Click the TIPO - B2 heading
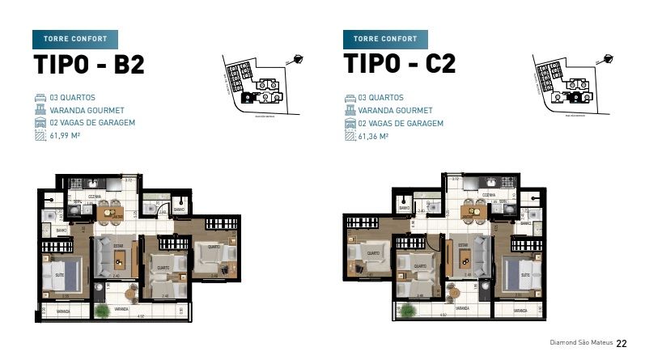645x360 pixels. (88, 64)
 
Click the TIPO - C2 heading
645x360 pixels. (399, 64)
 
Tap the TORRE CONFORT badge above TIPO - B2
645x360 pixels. (75, 39)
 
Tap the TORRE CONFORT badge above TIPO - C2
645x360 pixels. (385, 39)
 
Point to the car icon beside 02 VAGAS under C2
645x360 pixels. (350, 123)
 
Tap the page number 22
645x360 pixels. (622, 343)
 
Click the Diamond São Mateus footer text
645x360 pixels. (580, 343)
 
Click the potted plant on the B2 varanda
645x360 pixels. (101, 310)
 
